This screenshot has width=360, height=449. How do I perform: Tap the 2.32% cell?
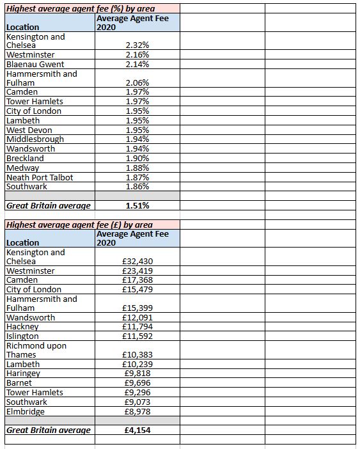[x=137, y=46]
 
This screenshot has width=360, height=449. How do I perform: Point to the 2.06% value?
[x=137, y=83]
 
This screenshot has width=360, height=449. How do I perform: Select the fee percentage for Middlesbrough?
[x=137, y=139]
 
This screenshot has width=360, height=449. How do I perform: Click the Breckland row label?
[x=25, y=158]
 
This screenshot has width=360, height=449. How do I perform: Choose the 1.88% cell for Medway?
[x=137, y=168]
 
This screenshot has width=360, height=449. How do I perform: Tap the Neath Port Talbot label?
[x=40, y=177]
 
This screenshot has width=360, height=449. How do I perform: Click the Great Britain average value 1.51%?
[x=137, y=205]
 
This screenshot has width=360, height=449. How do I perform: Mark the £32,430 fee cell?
[x=137, y=262]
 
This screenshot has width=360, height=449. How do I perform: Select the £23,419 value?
[x=137, y=271]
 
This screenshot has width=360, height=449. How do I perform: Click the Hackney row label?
[x=22, y=327]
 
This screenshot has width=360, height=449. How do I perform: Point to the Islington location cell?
[x=22, y=336]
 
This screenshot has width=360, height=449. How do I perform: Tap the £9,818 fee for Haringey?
[x=137, y=374]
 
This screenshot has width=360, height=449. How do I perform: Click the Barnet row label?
[x=19, y=382]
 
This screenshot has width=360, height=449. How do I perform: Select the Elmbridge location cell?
[x=25, y=411]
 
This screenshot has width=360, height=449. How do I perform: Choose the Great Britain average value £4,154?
[x=137, y=430]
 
